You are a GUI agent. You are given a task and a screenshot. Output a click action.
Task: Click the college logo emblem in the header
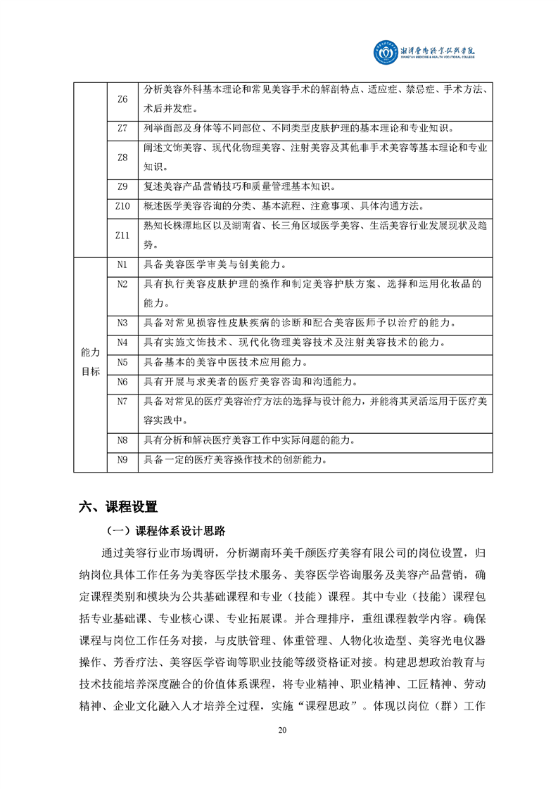pos(386,52)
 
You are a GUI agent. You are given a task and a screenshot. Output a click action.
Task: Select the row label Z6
pos(122,99)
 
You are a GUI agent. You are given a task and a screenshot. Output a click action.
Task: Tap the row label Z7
pos(122,129)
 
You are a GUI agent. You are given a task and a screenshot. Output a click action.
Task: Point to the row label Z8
pos(122,158)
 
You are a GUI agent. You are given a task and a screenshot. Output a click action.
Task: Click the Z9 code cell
pos(122,186)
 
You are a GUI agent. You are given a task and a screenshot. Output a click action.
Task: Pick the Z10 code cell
pos(122,206)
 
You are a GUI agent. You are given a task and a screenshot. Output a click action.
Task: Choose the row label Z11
pos(122,236)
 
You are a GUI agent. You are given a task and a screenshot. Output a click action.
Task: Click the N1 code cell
pos(122,264)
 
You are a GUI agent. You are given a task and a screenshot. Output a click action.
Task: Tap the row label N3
pos(122,323)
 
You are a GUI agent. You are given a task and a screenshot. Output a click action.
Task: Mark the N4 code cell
pos(122,342)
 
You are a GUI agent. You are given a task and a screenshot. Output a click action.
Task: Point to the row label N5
pos(122,362)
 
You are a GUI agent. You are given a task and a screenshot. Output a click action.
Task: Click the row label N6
pos(122,382)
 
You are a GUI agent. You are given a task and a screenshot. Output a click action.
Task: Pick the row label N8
pos(122,441)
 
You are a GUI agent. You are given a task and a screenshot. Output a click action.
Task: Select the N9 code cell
pos(122,461)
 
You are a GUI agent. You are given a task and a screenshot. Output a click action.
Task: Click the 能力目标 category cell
pos(91,362)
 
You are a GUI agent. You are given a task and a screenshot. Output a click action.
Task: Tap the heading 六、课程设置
pos(119,506)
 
